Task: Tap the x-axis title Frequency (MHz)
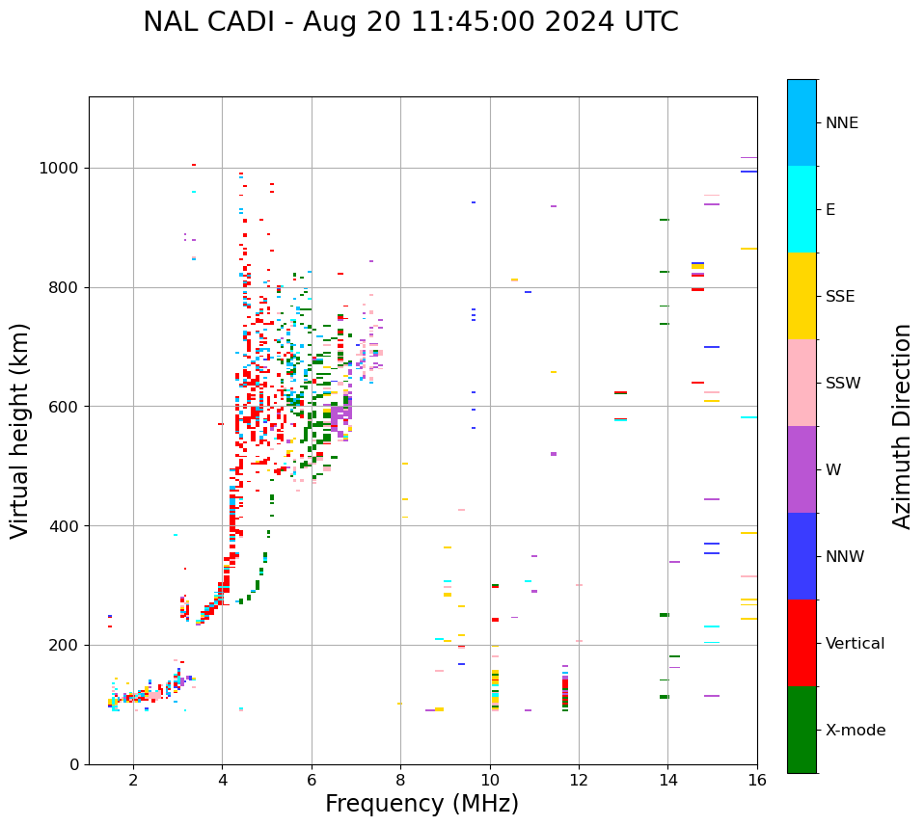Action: (x=421, y=804)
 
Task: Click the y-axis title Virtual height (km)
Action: (x=20, y=430)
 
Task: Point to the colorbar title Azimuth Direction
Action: (x=902, y=426)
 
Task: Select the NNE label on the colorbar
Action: (x=841, y=123)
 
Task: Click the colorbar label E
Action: (x=830, y=210)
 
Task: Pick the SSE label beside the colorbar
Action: (x=840, y=297)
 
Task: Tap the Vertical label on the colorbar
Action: (x=855, y=644)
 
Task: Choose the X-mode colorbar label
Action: (x=856, y=731)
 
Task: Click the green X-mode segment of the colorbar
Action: (x=802, y=730)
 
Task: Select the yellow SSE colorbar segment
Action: (x=802, y=296)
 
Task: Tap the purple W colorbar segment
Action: (x=802, y=469)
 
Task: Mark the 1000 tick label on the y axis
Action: (x=60, y=169)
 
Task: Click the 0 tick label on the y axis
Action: (x=74, y=764)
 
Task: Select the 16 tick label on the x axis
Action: (x=756, y=780)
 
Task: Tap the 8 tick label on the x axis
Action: (x=400, y=780)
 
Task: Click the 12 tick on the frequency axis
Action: (x=579, y=780)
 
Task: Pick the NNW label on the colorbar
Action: (x=845, y=557)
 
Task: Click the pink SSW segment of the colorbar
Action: (x=802, y=383)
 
